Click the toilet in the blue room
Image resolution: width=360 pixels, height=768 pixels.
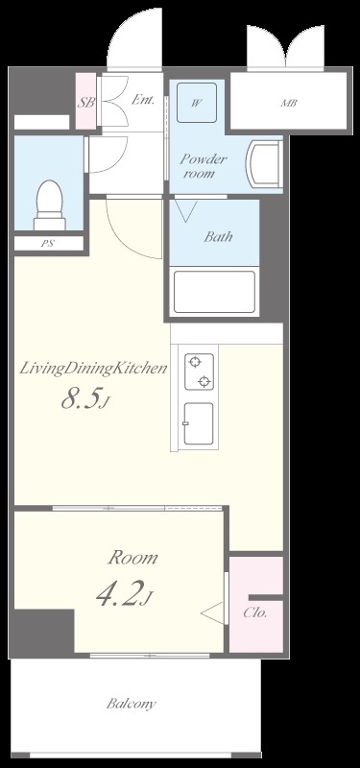point(50,204)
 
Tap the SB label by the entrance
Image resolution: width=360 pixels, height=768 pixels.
point(86,103)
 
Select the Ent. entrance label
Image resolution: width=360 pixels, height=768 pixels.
point(143,100)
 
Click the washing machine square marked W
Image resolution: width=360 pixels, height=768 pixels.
point(197,103)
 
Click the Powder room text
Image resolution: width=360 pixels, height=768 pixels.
point(203,165)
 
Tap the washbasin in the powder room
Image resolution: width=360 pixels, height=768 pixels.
point(265,163)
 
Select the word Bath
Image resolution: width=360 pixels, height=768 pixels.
point(218,237)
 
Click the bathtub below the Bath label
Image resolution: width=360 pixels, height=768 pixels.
point(214,292)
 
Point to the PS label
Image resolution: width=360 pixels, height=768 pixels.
point(47,243)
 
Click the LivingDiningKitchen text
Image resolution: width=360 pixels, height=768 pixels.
point(93,369)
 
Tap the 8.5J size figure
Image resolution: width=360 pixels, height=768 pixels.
point(85,400)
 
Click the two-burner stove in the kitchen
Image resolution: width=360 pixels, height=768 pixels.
point(200,372)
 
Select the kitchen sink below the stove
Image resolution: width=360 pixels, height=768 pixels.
point(199,423)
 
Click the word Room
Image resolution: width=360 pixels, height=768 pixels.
point(132,558)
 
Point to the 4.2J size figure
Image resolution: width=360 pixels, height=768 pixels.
point(125,593)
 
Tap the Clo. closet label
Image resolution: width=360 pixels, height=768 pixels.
point(255,612)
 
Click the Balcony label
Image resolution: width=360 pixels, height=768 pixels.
point(132,705)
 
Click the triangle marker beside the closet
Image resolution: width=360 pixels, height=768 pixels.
point(212,613)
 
